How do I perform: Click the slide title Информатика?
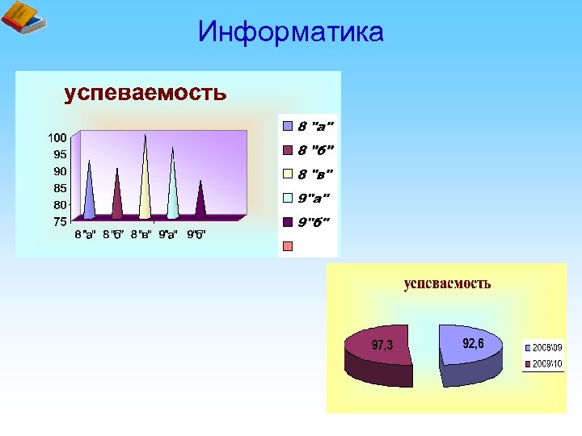(x=290, y=32)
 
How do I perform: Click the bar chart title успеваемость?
(x=145, y=93)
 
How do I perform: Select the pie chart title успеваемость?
(x=447, y=283)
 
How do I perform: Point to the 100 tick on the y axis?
(x=56, y=138)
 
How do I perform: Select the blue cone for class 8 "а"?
(x=89, y=194)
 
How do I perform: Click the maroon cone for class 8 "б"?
(x=117, y=198)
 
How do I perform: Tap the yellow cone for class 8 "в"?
(x=145, y=182)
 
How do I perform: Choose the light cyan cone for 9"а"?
(x=172, y=190)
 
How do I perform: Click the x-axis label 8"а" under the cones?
(x=86, y=235)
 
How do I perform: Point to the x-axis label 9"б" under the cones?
(x=196, y=235)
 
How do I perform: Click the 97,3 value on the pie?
(x=382, y=346)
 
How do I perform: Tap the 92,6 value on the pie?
(x=473, y=343)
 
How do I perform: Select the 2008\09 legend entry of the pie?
(x=546, y=348)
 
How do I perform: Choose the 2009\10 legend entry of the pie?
(x=546, y=363)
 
